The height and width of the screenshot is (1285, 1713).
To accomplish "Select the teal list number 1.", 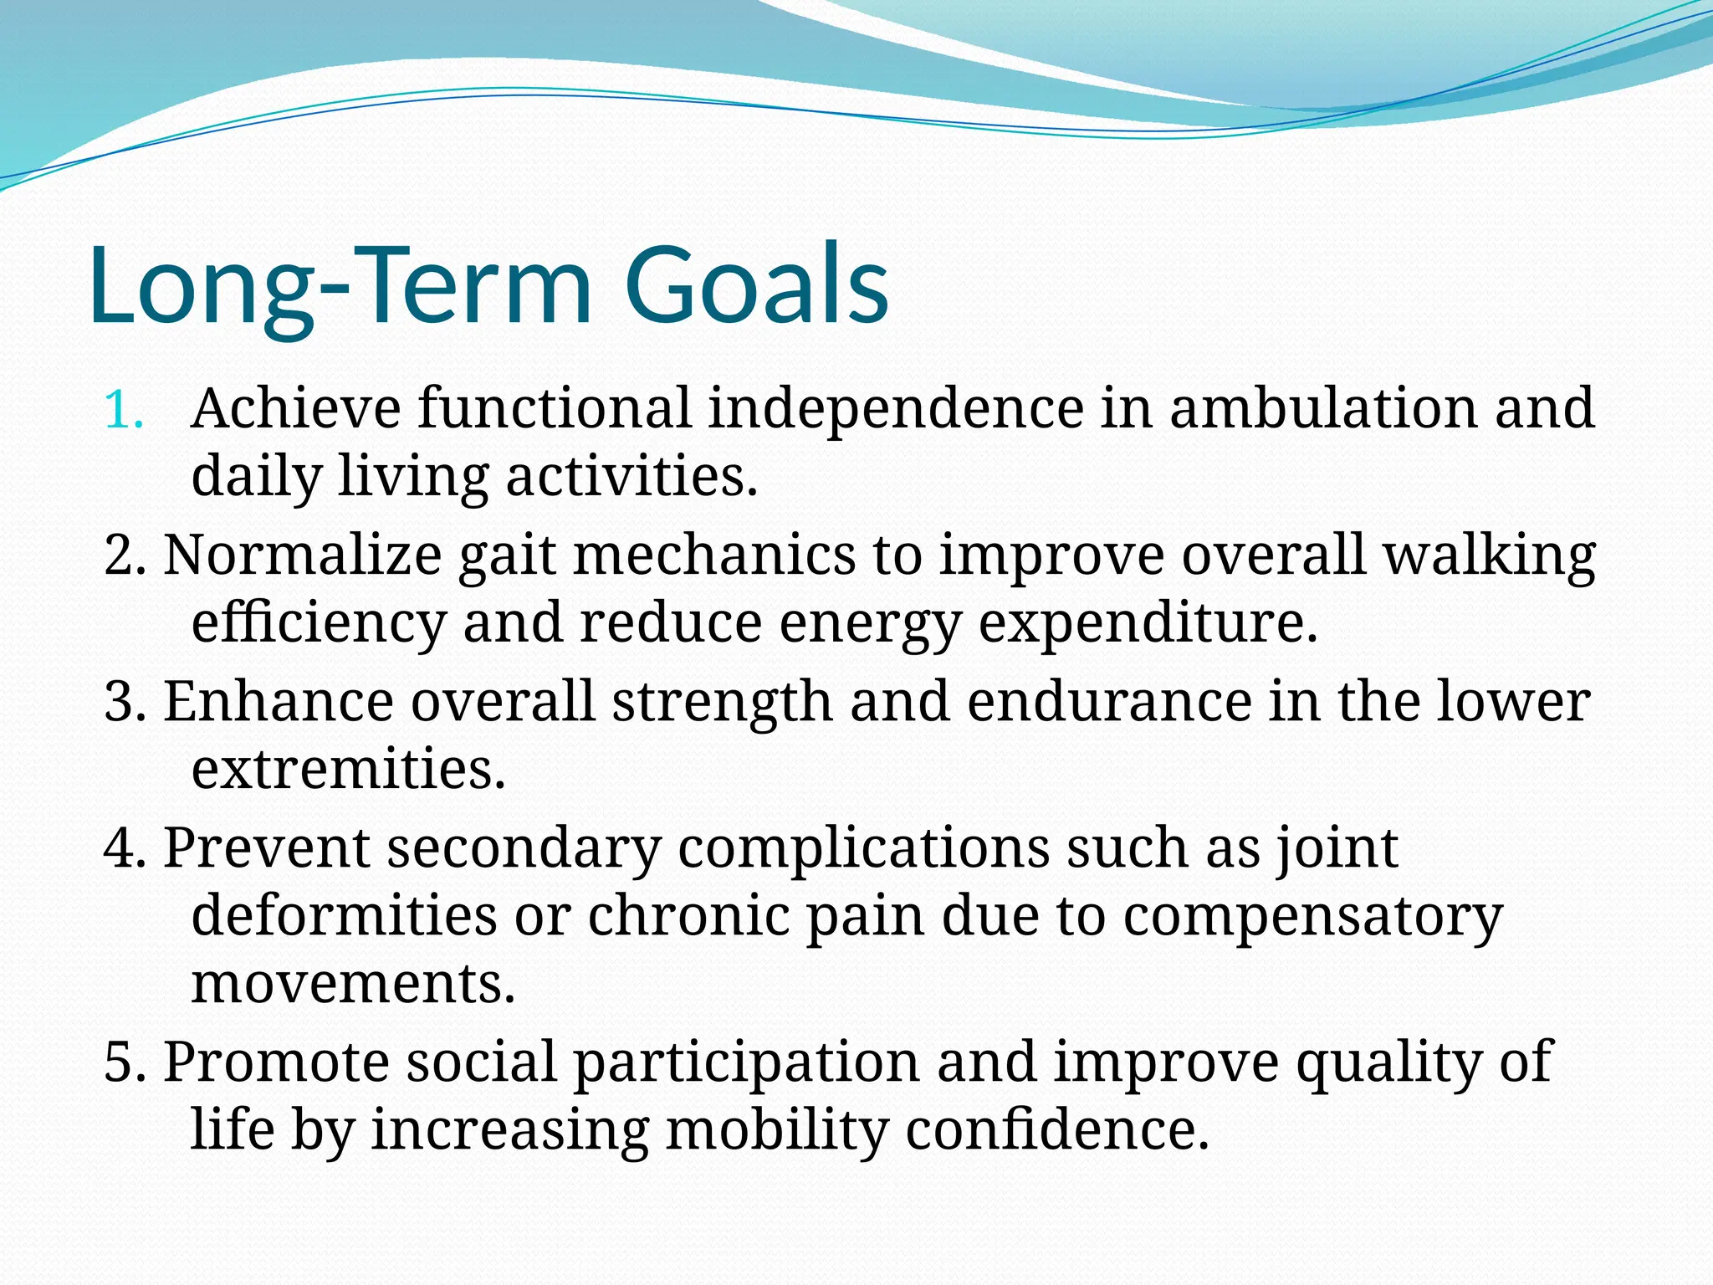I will click(123, 411).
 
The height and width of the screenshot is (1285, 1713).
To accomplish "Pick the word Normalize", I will click(302, 555).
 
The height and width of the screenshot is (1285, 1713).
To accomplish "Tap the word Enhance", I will click(278, 702).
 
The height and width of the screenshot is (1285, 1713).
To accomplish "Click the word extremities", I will click(348, 770).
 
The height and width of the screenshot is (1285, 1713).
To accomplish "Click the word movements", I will click(352, 984).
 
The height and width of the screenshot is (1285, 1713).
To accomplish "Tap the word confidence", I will click(1057, 1130).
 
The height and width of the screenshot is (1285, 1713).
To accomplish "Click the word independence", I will click(896, 409).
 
